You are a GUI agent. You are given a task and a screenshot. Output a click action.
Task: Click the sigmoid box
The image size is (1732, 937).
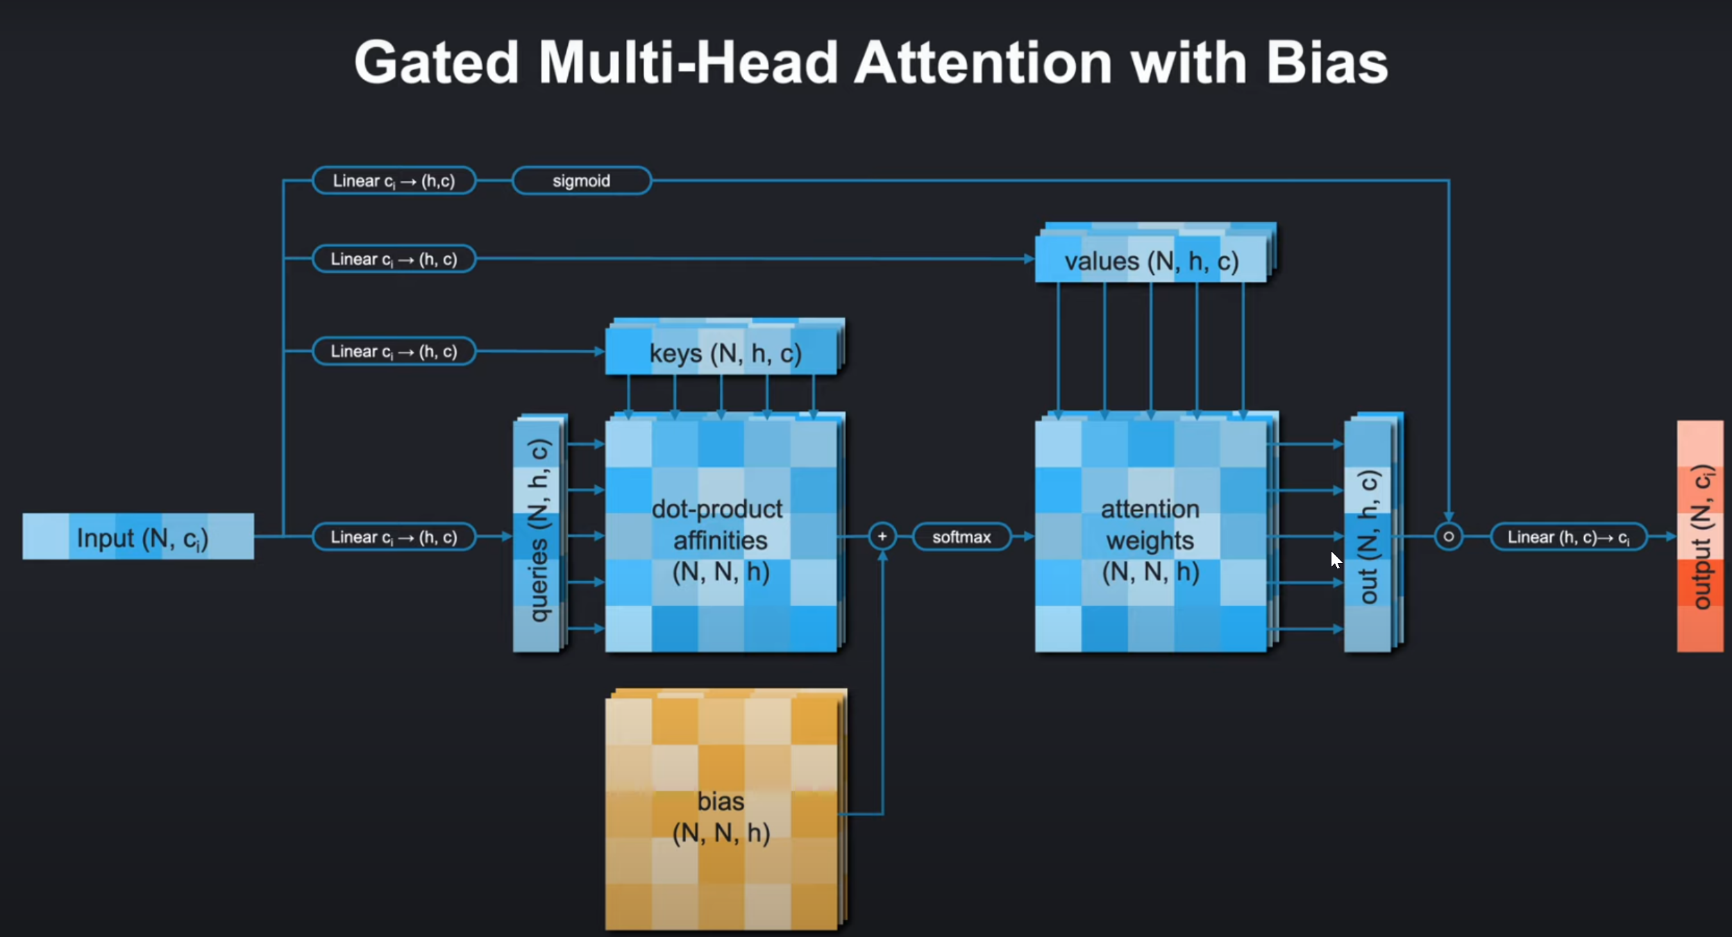(x=581, y=181)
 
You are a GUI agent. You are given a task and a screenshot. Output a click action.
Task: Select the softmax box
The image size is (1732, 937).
(x=961, y=537)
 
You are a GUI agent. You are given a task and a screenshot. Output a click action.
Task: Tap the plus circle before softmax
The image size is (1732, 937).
(x=882, y=537)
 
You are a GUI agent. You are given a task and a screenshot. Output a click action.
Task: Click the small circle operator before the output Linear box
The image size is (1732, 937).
(x=1448, y=537)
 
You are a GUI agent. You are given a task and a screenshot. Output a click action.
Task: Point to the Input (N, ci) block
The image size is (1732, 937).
(x=138, y=537)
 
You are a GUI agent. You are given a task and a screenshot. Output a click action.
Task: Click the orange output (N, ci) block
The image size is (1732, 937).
(x=1700, y=537)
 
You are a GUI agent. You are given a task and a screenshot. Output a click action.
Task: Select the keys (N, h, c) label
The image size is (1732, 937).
(x=725, y=354)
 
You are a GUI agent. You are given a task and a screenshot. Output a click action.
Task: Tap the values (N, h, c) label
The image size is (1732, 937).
(x=1151, y=262)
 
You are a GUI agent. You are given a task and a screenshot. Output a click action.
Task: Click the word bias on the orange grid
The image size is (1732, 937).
(x=721, y=802)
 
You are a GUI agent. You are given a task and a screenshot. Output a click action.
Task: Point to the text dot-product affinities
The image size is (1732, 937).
(x=718, y=525)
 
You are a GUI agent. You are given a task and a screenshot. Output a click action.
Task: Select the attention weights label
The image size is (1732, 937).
(x=1150, y=525)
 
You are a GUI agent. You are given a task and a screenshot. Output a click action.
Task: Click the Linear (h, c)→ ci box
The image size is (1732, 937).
(x=1568, y=537)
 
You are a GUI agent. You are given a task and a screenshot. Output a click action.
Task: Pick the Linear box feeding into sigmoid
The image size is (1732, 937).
(x=394, y=181)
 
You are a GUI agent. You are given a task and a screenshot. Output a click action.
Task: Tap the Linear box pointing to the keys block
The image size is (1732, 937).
(x=394, y=351)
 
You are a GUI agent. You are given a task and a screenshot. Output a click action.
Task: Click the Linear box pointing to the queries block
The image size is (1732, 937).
(x=394, y=537)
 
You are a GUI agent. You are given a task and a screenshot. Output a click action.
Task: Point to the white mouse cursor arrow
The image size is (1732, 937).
(x=1336, y=559)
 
